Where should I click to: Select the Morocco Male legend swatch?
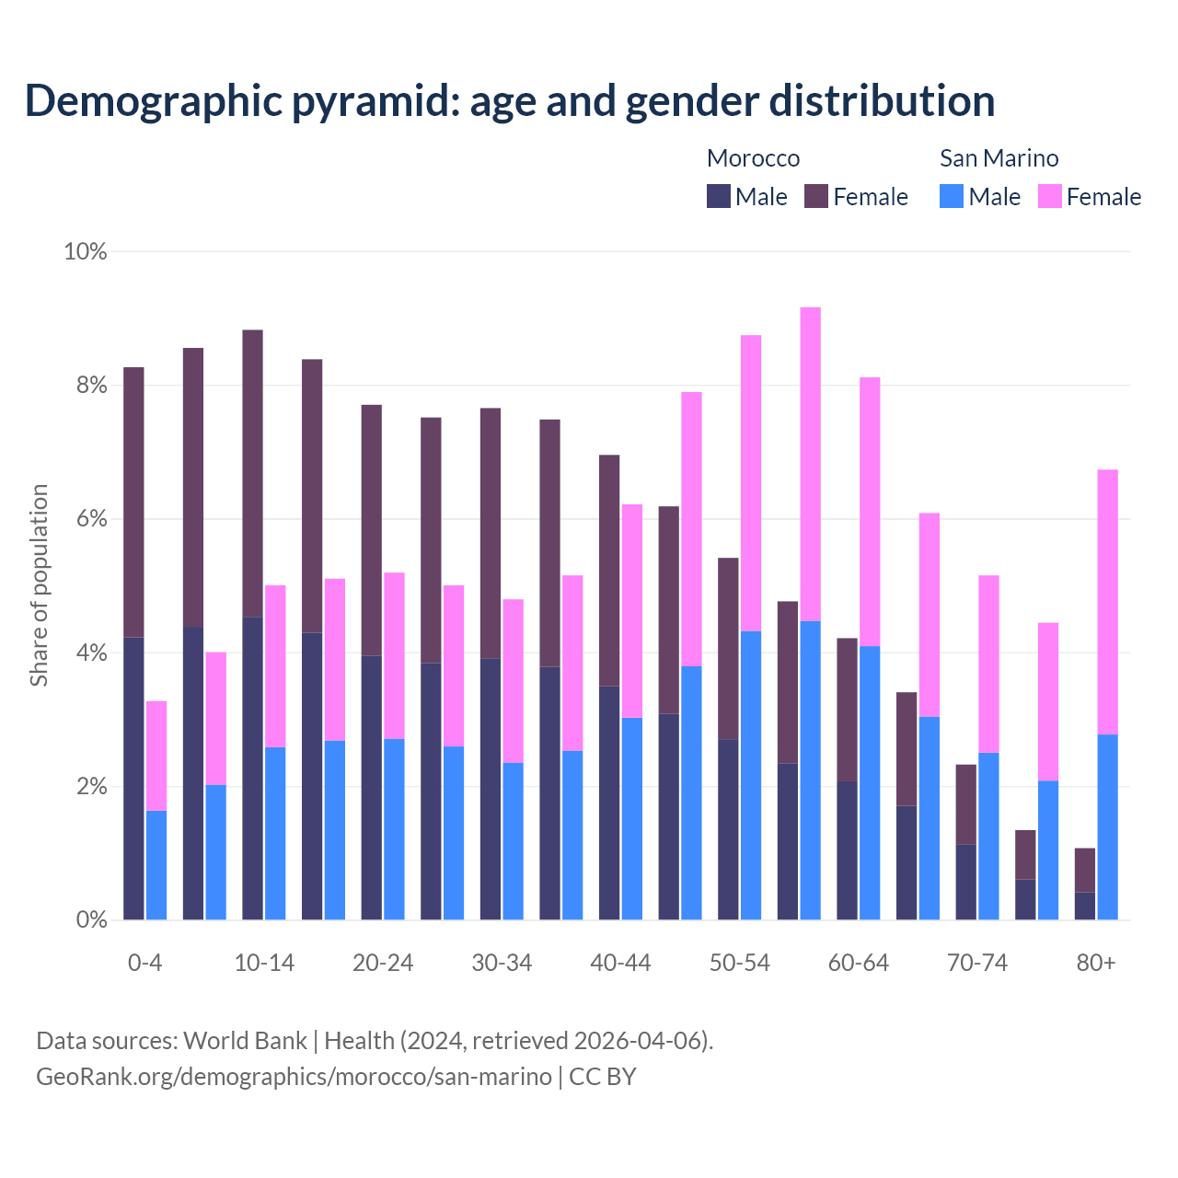[x=719, y=196]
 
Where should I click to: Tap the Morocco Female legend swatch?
[x=816, y=196]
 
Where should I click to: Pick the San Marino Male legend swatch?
[x=952, y=196]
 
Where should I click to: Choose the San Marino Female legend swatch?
[x=1050, y=196]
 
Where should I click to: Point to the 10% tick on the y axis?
[x=86, y=251]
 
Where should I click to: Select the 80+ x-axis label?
[x=1096, y=963]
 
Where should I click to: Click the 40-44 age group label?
[x=620, y=963]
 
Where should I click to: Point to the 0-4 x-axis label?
[x=144, y=963]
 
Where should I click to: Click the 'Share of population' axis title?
[x=40, y=585]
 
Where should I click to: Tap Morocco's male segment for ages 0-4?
[x=133, y=779]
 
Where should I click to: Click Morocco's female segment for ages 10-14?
[x=252, y=473]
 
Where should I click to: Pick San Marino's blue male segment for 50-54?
[x=751, y=775]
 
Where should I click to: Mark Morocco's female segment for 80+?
[x=1085, y=870]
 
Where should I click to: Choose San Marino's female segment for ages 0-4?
[x=156, y=756]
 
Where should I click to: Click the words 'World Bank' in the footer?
[x=245, y=1041]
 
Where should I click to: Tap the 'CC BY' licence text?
[x=603, y=1077]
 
